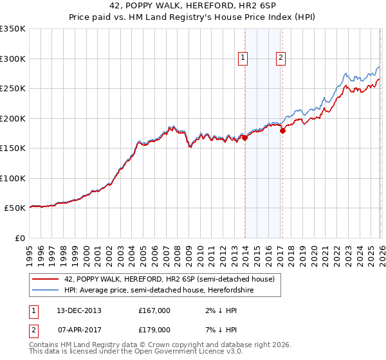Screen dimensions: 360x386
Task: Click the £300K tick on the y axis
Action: pyautogui.click(x=13, y=59)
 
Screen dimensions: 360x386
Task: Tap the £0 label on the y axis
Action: pyautogui.click(x=20, y=238)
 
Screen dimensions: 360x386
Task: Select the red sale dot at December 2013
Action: pyautogui.click(x=244, y=138)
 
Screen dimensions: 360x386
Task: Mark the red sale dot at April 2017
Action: pyautogui.click(x=282, y=130)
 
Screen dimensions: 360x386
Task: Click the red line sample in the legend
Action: pyautogui.click(x=45, y=279)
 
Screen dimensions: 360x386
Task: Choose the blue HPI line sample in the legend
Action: pyautogui.click(x=45, y=290)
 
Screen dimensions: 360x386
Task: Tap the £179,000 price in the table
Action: pyautogui.click(x=154, y=329)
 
